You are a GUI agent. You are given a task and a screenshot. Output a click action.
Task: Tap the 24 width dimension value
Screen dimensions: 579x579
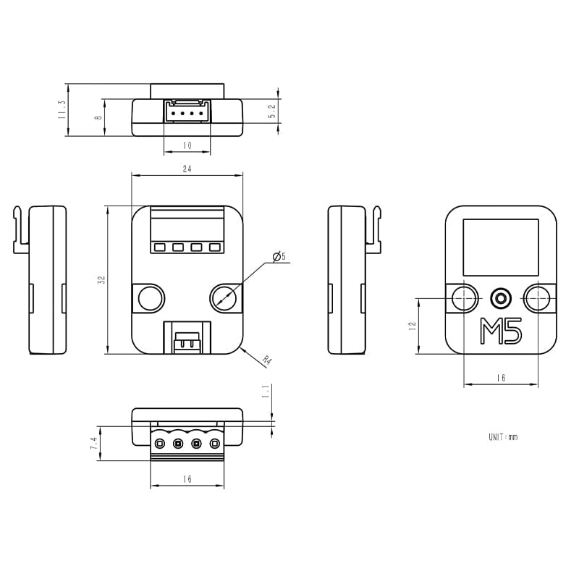point(187,169)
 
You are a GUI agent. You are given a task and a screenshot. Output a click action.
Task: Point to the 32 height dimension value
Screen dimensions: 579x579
point(102,279)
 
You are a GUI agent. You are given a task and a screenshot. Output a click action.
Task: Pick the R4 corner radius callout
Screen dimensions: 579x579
point(267,360)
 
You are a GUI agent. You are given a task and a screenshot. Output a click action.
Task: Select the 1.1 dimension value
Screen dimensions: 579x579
point(266,392)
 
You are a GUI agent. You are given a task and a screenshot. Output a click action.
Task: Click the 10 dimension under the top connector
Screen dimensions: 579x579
point(187,145)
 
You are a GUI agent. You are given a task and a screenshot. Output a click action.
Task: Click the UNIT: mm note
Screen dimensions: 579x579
point(503,437)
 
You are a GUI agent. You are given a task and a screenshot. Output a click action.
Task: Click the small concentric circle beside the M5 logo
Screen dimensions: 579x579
point(501,297)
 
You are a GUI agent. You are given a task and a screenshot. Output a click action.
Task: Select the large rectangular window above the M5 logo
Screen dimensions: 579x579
point(501,247)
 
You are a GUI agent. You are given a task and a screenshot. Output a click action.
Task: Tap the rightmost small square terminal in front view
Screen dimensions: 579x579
point(215,248)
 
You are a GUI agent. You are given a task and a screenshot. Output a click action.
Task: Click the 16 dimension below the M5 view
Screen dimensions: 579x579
point(501,378)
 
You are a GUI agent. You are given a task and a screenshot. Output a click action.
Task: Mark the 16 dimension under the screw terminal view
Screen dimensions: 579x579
point(187,479)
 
